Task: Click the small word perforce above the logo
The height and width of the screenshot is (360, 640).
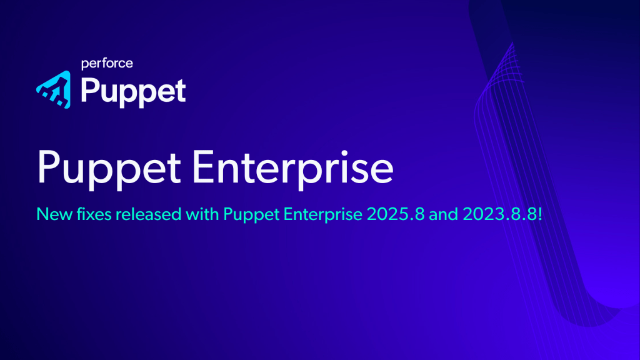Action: pos(107,63)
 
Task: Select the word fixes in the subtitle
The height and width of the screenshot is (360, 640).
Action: pos(87,214)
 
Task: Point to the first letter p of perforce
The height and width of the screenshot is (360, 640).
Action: pos(84,64)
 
